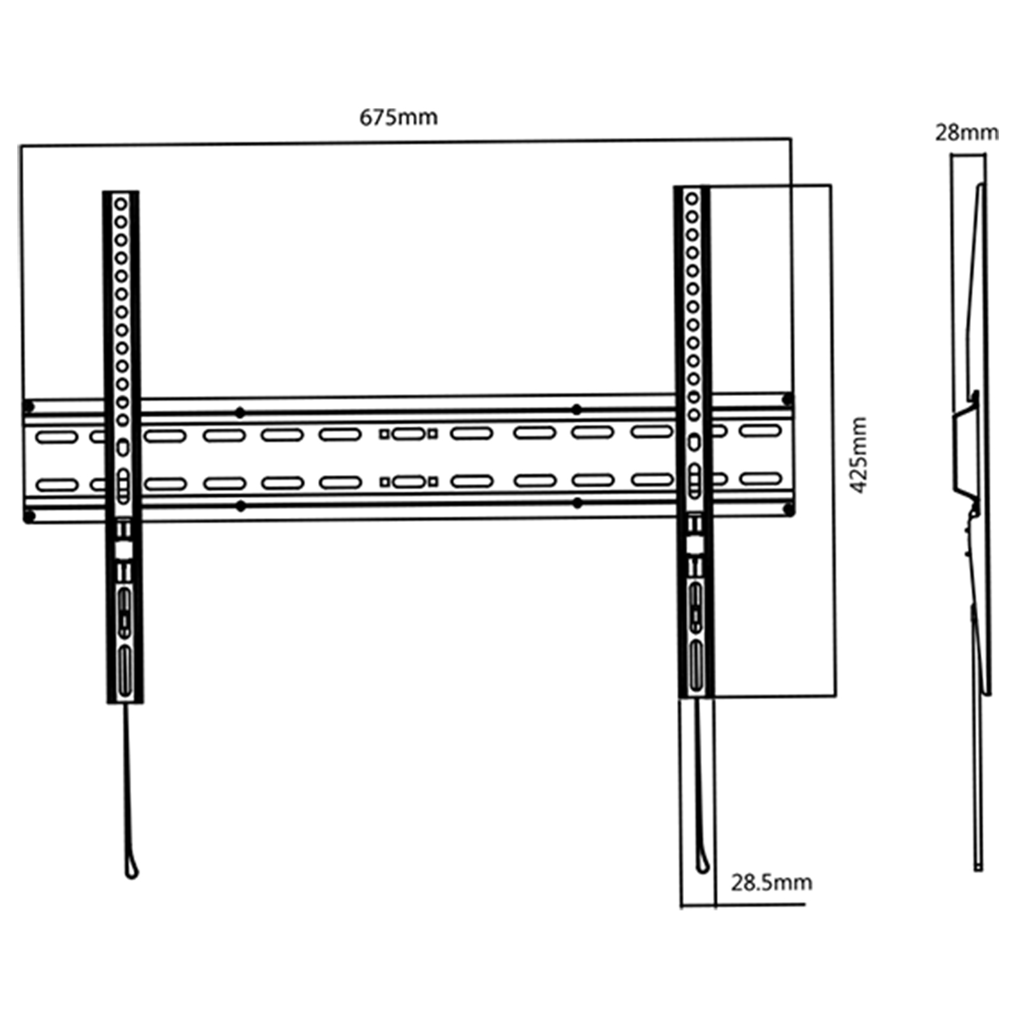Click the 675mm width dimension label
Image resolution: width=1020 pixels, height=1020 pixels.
pyautogui.click(x=398, y=118)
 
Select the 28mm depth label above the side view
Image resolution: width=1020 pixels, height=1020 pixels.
pyautogui.click(x=966, y=133)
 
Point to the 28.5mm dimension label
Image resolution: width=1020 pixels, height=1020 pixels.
pyautogui.click(x=771, y=883)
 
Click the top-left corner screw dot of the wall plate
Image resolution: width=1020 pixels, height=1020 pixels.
pyautogui.click(x=27, y=406)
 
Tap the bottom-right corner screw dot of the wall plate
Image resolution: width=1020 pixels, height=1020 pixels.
pyautogui.click(x=789, y=509)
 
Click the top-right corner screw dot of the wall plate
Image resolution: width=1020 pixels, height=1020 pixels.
pyautogui.click(x=788, y=400)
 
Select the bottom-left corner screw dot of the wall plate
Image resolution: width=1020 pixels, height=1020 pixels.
pyautogui.click(x=29, y=515)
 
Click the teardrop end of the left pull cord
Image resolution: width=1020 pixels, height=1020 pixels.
pyautogui.click(x=131, y=870)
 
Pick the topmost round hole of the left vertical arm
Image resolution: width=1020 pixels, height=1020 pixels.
pyautogui.click(x=120, y=205)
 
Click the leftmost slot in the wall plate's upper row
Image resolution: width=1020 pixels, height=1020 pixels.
pyautogui.click(x=57, y=438)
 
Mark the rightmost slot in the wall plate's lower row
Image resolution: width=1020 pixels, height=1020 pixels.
pyautogui.click(x=761, y=478)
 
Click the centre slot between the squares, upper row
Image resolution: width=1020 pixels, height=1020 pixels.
pyautogui.click(x=409, y=434)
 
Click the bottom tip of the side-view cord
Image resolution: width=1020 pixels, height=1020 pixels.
pyautogui.click(x=979, y=868)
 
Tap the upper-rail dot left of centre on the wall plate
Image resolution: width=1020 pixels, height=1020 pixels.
pyautogui.click(x=240, y=412)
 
